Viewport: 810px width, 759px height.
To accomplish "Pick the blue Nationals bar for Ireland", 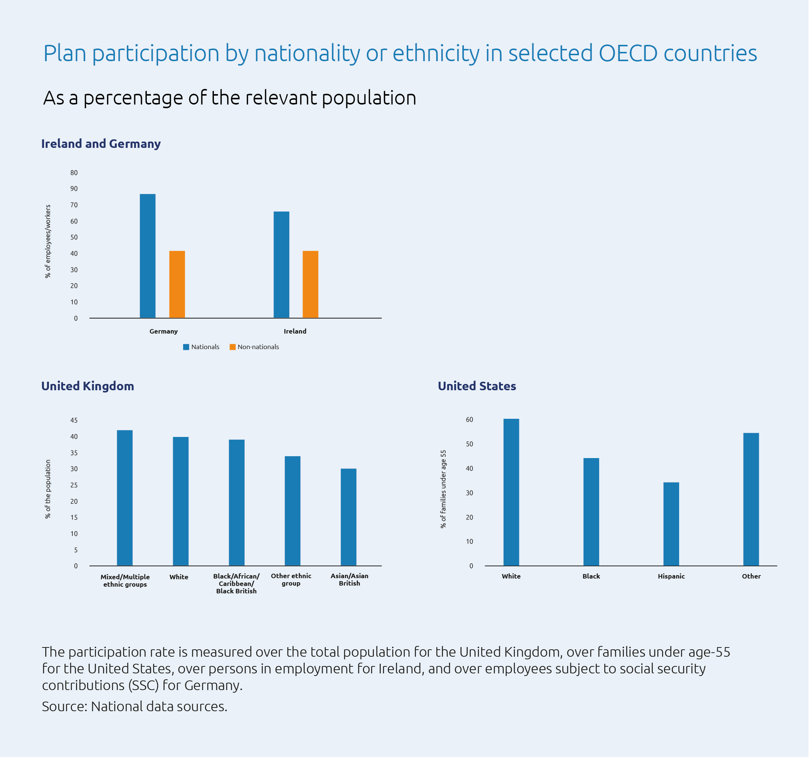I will point(281,265).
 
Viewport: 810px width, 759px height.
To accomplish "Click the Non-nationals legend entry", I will point(254,347).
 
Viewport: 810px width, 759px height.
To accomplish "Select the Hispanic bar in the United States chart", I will point(672,525).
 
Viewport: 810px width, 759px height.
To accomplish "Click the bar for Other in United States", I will point(752,500).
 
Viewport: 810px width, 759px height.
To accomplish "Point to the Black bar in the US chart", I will point(592,513).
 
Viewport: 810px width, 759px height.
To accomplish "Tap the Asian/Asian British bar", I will point(349,518).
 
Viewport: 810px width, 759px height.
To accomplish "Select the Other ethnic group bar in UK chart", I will point(292,512).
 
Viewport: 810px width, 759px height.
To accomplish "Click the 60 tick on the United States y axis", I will point(470,420).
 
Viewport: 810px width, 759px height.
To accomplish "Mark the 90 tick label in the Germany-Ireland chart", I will point(74,189).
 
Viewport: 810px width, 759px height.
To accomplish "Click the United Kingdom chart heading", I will point(87,386).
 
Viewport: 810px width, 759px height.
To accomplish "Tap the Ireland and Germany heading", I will point(101,144).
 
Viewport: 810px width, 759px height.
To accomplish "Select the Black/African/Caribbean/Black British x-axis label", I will point(236,584).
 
